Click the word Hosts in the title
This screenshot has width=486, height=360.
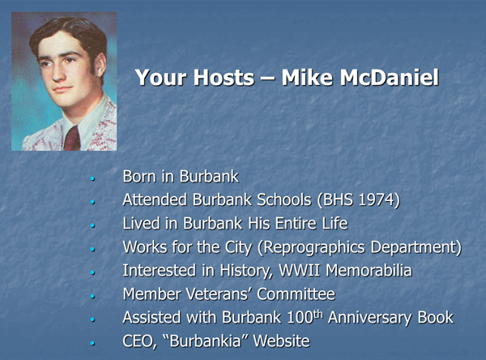pyautogui.click(x=224, y=77)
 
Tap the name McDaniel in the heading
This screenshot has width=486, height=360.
pyautogui.click(x=390, y=77)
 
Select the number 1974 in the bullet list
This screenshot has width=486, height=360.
pyautogui.click(x=376, y=199)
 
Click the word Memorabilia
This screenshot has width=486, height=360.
pyautogui.click(x=369, y=270)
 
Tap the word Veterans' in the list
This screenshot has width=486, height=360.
pyautogui.click(x=219, y=294)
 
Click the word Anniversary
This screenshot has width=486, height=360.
pyautogui.click(x=370, y=318)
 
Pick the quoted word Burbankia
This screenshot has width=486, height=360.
pyautogui.click(x=205, y=341)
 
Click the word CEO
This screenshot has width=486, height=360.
pyautogui.click(x=139, y=341)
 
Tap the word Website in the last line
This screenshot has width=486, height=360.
pyautogui.click(x=281, y=341)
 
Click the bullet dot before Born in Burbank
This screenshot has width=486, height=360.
pyautogui.click(x=92, y=178)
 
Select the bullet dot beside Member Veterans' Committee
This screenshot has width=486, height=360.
pyautogui.click(x=92, y=296)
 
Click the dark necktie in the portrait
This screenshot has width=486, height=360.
pyautogui.click(x=72, y=139)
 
